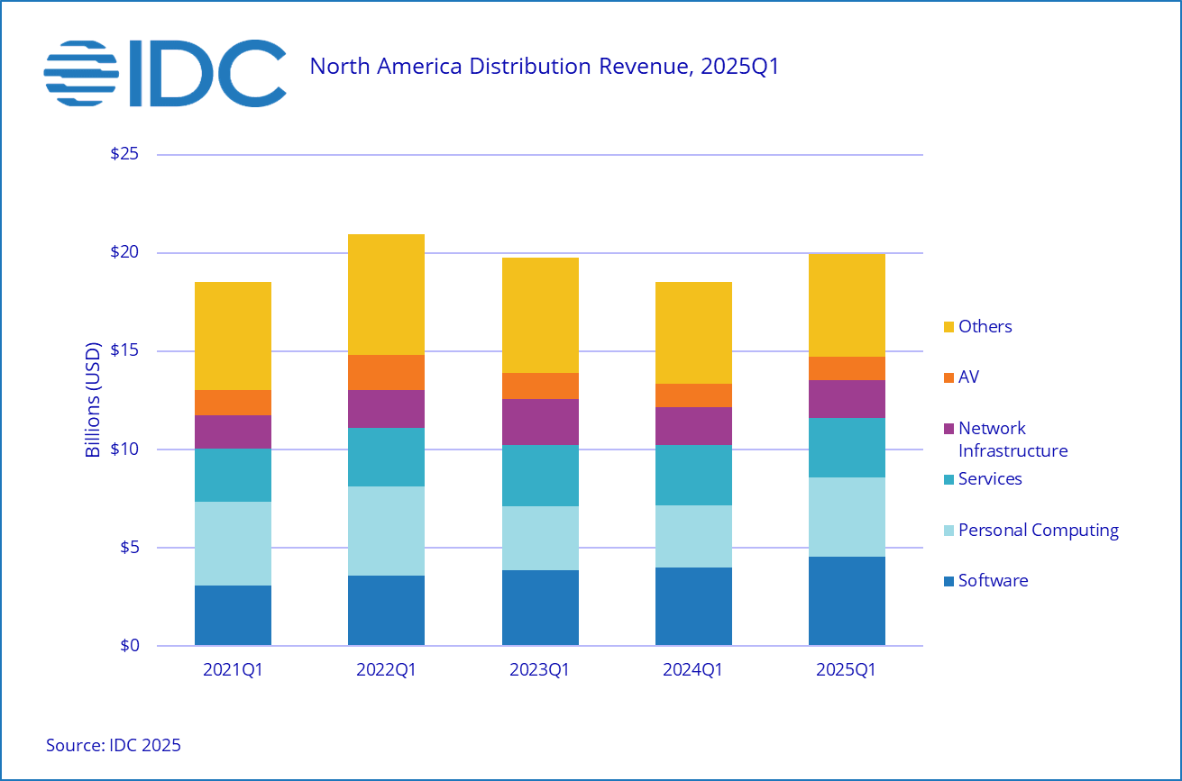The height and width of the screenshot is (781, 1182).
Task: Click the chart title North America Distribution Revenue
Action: [544, 67]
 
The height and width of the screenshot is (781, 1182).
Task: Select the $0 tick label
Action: [131, 646]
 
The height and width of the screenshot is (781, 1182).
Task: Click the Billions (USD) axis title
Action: [93, 400]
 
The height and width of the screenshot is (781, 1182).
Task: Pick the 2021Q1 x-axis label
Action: [233, 670]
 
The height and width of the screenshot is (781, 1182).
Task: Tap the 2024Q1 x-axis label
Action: [693, 670]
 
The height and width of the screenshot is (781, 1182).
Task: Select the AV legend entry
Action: [967, 377]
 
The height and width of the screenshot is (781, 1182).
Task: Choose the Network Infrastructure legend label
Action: [1012, 440]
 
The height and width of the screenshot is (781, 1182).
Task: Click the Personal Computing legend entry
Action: [1038, 530]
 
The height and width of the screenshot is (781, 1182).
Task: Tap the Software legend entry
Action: [992, 581]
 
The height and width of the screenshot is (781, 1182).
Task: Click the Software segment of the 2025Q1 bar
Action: [847, 601]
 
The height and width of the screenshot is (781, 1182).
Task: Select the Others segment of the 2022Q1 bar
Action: [386, 295]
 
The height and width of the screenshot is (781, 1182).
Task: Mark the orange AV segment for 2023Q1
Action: [540, 386]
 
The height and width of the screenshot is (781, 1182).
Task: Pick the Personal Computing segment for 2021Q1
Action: [233, 543]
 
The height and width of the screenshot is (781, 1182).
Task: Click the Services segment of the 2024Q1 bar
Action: [693, 475]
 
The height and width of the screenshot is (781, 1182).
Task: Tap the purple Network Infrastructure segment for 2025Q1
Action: [847, 399]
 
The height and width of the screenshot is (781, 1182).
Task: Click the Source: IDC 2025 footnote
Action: [114, 745]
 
